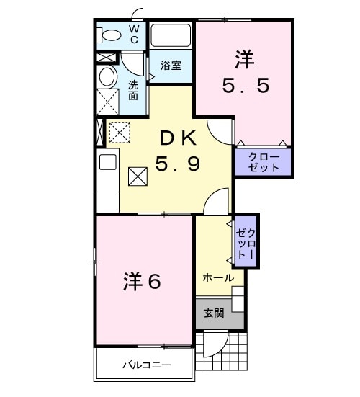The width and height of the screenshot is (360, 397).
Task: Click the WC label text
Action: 134,34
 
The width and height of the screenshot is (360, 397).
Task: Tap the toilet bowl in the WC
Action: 110,35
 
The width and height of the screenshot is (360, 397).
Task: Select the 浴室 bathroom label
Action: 170,65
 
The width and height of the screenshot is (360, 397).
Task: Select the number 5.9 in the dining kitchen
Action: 177,165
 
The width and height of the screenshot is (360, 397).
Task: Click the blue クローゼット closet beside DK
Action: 263,162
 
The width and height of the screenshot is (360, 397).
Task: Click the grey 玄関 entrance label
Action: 213,313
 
